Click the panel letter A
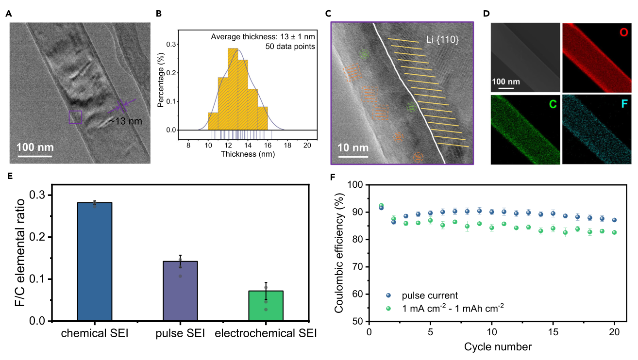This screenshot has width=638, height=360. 8,14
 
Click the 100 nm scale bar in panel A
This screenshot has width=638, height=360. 35,156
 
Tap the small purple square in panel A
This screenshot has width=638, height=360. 75,117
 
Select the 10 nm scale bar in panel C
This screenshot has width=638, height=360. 353,156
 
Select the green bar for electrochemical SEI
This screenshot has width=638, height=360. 266,306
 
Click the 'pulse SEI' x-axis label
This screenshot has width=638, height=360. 181,334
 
